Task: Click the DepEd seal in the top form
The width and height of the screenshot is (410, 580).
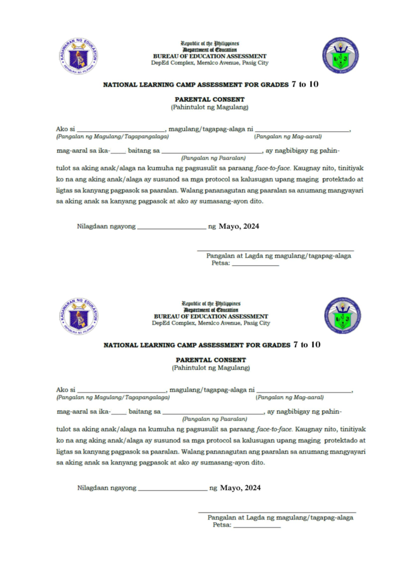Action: (79, 56)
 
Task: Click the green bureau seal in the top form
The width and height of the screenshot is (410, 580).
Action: (340, 55)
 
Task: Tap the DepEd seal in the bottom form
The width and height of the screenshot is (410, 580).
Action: (79, 316)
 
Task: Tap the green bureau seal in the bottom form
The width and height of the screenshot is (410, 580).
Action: (342, 315)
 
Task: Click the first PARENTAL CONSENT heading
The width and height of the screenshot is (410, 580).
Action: (209, 100)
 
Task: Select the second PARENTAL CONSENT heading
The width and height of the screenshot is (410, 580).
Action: (211, 360)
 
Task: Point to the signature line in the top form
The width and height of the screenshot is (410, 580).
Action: (275, 251)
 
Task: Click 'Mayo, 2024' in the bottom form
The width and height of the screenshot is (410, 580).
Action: (240, 488)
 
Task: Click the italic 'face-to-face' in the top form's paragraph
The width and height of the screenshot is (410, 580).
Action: (272, 168)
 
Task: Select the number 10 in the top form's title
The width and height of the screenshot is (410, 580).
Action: (313, 84)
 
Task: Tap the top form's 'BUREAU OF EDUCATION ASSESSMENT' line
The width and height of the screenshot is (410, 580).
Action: (209, 56)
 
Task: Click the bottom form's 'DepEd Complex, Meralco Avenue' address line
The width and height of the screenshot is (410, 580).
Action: (211, 323)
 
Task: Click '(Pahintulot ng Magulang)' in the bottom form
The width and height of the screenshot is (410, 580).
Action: (211, 368)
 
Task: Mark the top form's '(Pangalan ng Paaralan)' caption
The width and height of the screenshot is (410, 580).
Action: (213, 158)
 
